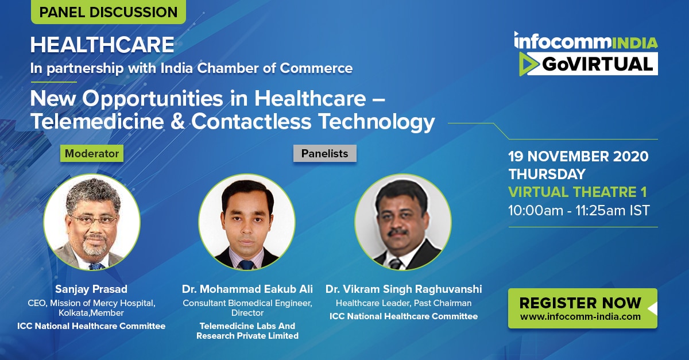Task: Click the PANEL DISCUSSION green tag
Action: (109, 11)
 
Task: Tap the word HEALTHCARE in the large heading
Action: (102, 45)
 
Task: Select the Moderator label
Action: (92, 153)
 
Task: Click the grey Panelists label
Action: (324, 153)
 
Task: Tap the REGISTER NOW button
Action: (583, 308)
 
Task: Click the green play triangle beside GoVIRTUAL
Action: (528, 64)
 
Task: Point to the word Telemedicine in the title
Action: (97, 121)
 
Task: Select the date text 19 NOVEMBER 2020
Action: (578, 156)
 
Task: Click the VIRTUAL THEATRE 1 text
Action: (578, 192)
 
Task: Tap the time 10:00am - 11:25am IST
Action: (579, 211)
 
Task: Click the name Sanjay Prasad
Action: (91, 289)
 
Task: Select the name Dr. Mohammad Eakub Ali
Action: (247, 289)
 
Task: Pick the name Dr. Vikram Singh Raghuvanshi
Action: (404, 289)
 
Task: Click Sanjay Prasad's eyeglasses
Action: (94, 220)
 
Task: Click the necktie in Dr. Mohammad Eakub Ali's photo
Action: (247, 265)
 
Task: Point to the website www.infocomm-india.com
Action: (580, 316)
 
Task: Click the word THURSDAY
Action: (547, 174)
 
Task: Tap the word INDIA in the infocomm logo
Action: (635, 44)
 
